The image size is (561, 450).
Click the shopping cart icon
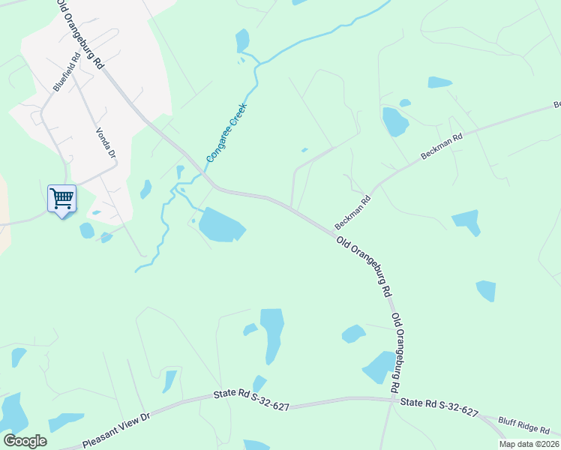click(x=61, y=199)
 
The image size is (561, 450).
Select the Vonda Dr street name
click(x=106, y=143)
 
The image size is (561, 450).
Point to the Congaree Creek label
click(x=226, y=133)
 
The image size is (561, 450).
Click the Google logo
click(x=25, y=440)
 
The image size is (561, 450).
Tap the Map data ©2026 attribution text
click(x=529, y=444)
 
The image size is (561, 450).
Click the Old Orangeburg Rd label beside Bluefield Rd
click(x=80, y=34)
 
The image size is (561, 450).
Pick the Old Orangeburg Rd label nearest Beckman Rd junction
click(x=365, y=265)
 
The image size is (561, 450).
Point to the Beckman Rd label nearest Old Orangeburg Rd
click(x=353, y=212)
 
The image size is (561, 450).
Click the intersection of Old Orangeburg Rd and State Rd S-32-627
click(x=393, y=400)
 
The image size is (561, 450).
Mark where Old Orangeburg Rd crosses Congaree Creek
click(x=206, y=177)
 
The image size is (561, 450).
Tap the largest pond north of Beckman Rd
click(x=394, y=121)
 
